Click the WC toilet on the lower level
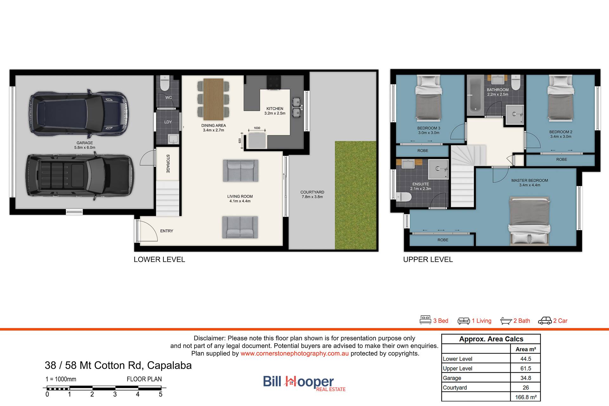pos(165,83)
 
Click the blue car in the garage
pos(79,113)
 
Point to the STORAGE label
pos(168,164)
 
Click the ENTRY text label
pos(167,231)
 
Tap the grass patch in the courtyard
pos(356,195)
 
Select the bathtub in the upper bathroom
pos(475,95)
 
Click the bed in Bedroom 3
pos(429,98)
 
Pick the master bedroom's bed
pos(530,221)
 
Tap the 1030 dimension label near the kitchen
pos(257,128)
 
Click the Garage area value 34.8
pos(526,378)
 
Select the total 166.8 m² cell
pos(526,397)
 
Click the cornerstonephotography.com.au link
pos(294,353)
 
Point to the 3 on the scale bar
pos(115,394)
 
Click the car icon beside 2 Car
pos(545,321)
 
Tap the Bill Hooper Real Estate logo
pos(304,383)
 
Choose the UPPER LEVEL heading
pos(428,260)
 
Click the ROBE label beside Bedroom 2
pos(561,159)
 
